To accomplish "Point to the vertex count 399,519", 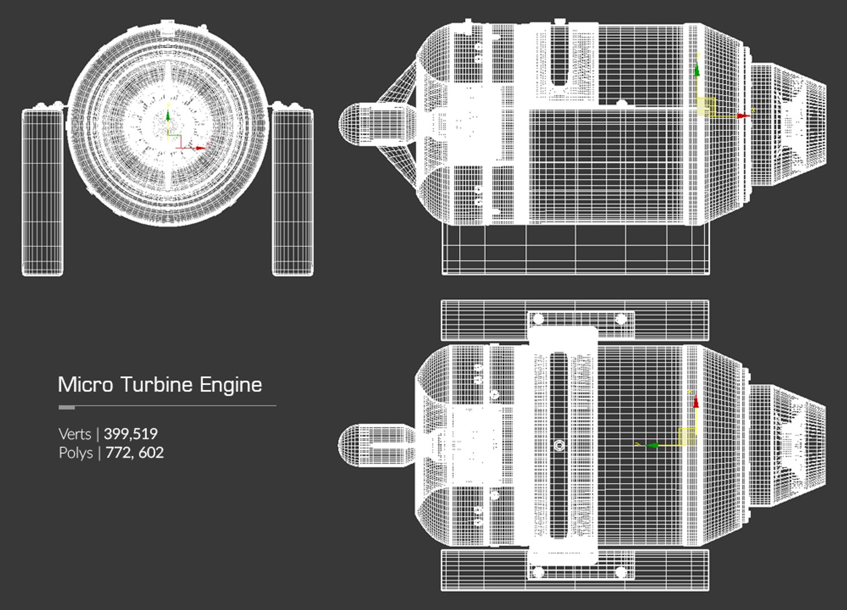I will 130,434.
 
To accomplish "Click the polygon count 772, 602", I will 134,453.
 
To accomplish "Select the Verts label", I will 75,434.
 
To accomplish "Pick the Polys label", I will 76,453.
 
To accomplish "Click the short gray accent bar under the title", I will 67,407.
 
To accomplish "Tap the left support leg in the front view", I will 42,192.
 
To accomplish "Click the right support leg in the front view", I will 292,192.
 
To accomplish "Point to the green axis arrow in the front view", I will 168,116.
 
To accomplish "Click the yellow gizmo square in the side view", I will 706,106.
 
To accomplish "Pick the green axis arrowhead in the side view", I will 697,70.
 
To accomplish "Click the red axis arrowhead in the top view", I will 696,402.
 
